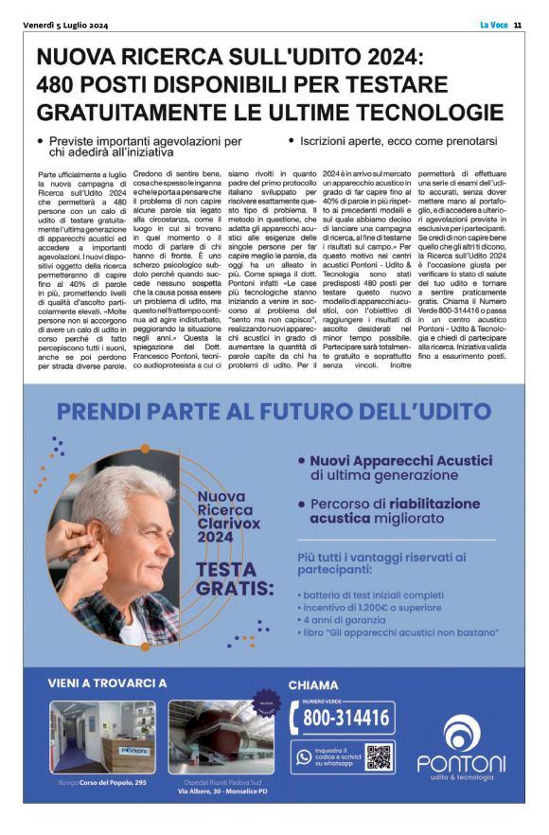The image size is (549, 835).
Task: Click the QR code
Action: click(378, 756)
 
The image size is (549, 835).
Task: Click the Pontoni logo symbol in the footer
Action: click(461, 732)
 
